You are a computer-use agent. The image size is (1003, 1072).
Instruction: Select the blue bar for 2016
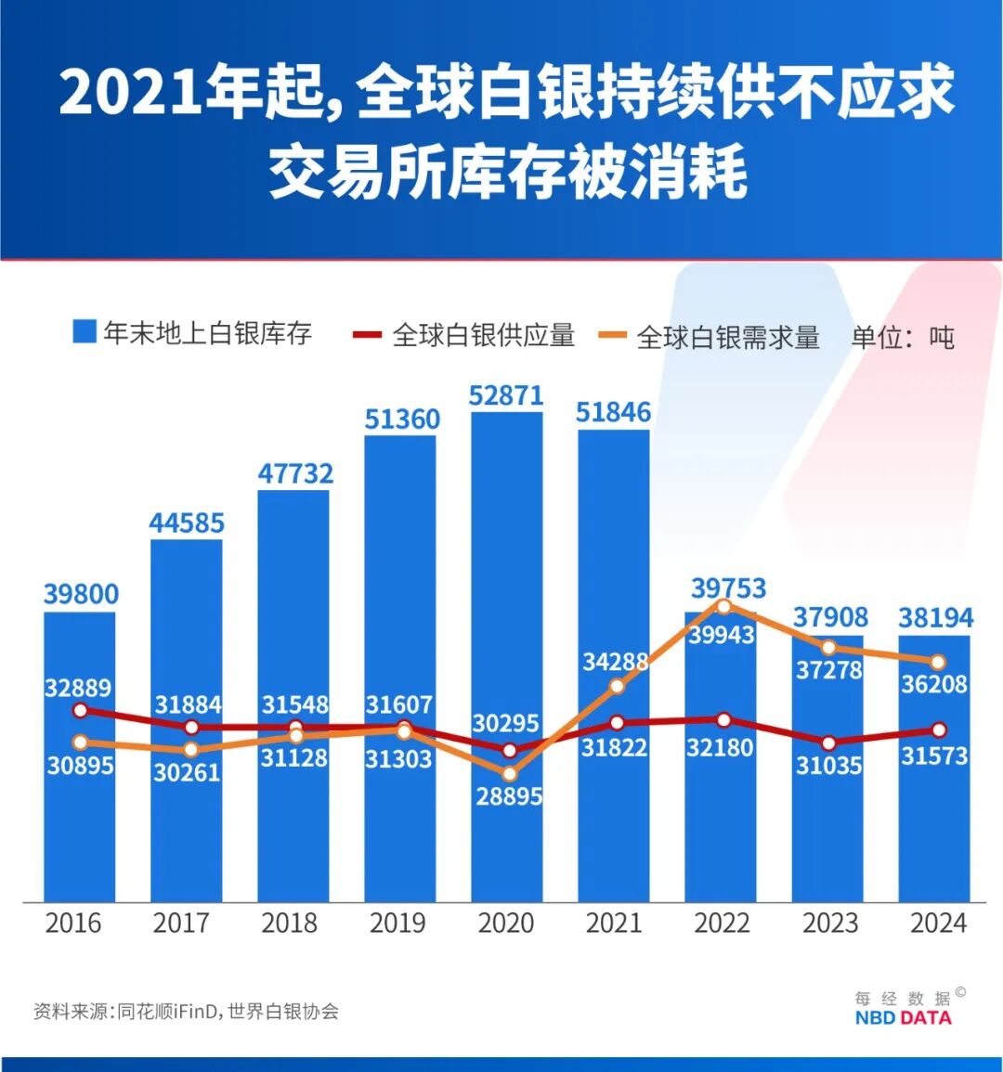(80, 835)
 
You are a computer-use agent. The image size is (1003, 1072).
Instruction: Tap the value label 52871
(506, 395)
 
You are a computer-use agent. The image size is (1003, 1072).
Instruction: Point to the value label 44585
(187, 523)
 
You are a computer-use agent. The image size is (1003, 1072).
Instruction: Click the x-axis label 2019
(397, 923)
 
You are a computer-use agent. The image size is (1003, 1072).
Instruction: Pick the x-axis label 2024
(938, 923)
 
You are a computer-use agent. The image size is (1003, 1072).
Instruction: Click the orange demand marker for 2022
(724, 606)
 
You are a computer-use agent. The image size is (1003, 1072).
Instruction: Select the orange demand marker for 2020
(509, 773)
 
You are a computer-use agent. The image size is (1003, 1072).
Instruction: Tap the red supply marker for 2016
(80, 710)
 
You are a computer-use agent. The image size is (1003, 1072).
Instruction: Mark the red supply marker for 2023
(829, 743)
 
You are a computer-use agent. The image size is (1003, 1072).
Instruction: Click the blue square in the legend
(85, 331)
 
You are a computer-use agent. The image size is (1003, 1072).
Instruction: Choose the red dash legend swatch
(368, 335)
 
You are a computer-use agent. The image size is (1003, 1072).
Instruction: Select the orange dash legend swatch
(613, 336)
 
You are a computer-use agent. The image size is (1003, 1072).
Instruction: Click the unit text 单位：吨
(903, 337)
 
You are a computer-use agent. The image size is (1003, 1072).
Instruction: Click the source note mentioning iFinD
(186, 1011)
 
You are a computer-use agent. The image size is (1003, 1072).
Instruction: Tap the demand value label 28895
(509, 796)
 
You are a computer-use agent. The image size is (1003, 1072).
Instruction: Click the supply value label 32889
(78, 688)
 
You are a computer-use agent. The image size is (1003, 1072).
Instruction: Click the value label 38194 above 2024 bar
(936, 617)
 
